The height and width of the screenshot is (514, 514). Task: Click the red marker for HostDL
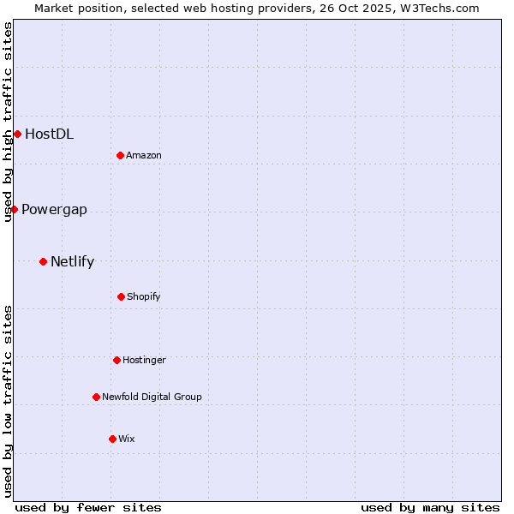pos(17,134)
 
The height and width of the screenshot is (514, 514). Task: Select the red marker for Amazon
pos(120,155)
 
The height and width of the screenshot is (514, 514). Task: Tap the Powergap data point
pos(14,209)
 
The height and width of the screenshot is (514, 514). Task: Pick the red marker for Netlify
pos(43,261)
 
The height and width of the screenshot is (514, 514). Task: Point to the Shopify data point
pos(121,296)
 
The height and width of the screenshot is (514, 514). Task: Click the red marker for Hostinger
pos(117,360)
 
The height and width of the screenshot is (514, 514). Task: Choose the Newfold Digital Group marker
pos(96,397)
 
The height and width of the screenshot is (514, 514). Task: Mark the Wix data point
pos(112,439)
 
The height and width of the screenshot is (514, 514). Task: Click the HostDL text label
pos(49,134)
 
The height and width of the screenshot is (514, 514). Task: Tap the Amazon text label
pos(144,155)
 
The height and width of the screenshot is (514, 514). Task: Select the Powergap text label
pos(54,210)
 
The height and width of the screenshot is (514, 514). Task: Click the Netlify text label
pos(72,262)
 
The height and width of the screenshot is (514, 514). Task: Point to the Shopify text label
pos(144,296)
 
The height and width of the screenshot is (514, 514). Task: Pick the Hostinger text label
pos(144,360)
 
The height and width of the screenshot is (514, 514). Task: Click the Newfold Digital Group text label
pos(152,397)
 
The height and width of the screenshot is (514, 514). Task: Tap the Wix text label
pos(127,439)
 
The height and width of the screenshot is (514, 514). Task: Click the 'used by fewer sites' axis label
pos(88,507)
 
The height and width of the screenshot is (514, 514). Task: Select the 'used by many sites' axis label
pos(430,507)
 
